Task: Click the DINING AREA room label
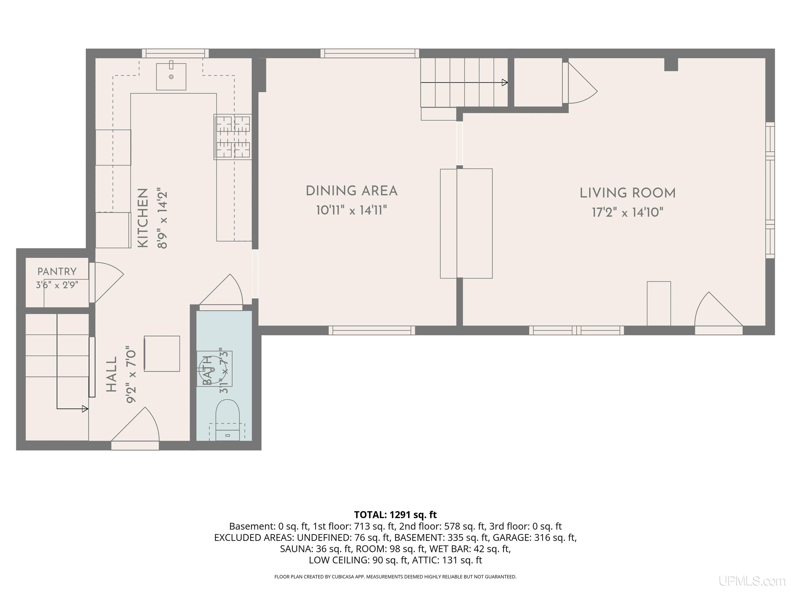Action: pyautogui.click(x=351, y=191)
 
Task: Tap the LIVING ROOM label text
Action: pyautogui.click(x=627, y=193)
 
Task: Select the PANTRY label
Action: pyautogui.click(x=57, y=272)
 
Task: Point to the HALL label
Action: pyautogui.click(x=112, y=374)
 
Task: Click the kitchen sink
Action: pyautogui.click(x=171, y=76)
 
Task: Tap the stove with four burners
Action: pyautogui.click(x=233, y=137)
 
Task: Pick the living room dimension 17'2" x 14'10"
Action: pyautogui.click(x=627, y=212)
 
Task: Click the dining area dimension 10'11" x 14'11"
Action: pyautogui.click(x=351, y=210)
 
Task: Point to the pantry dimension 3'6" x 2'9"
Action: pyautogui.click(x=57, y=285)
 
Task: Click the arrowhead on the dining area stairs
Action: pyautogui.click(x=505, y=83)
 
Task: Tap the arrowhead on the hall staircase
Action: pyautogui.click(x=85, y=409)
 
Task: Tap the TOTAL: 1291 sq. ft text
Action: pyautogui.click(x=395, y=515)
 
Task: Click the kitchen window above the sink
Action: pyautogui.click(x=175, y=54)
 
